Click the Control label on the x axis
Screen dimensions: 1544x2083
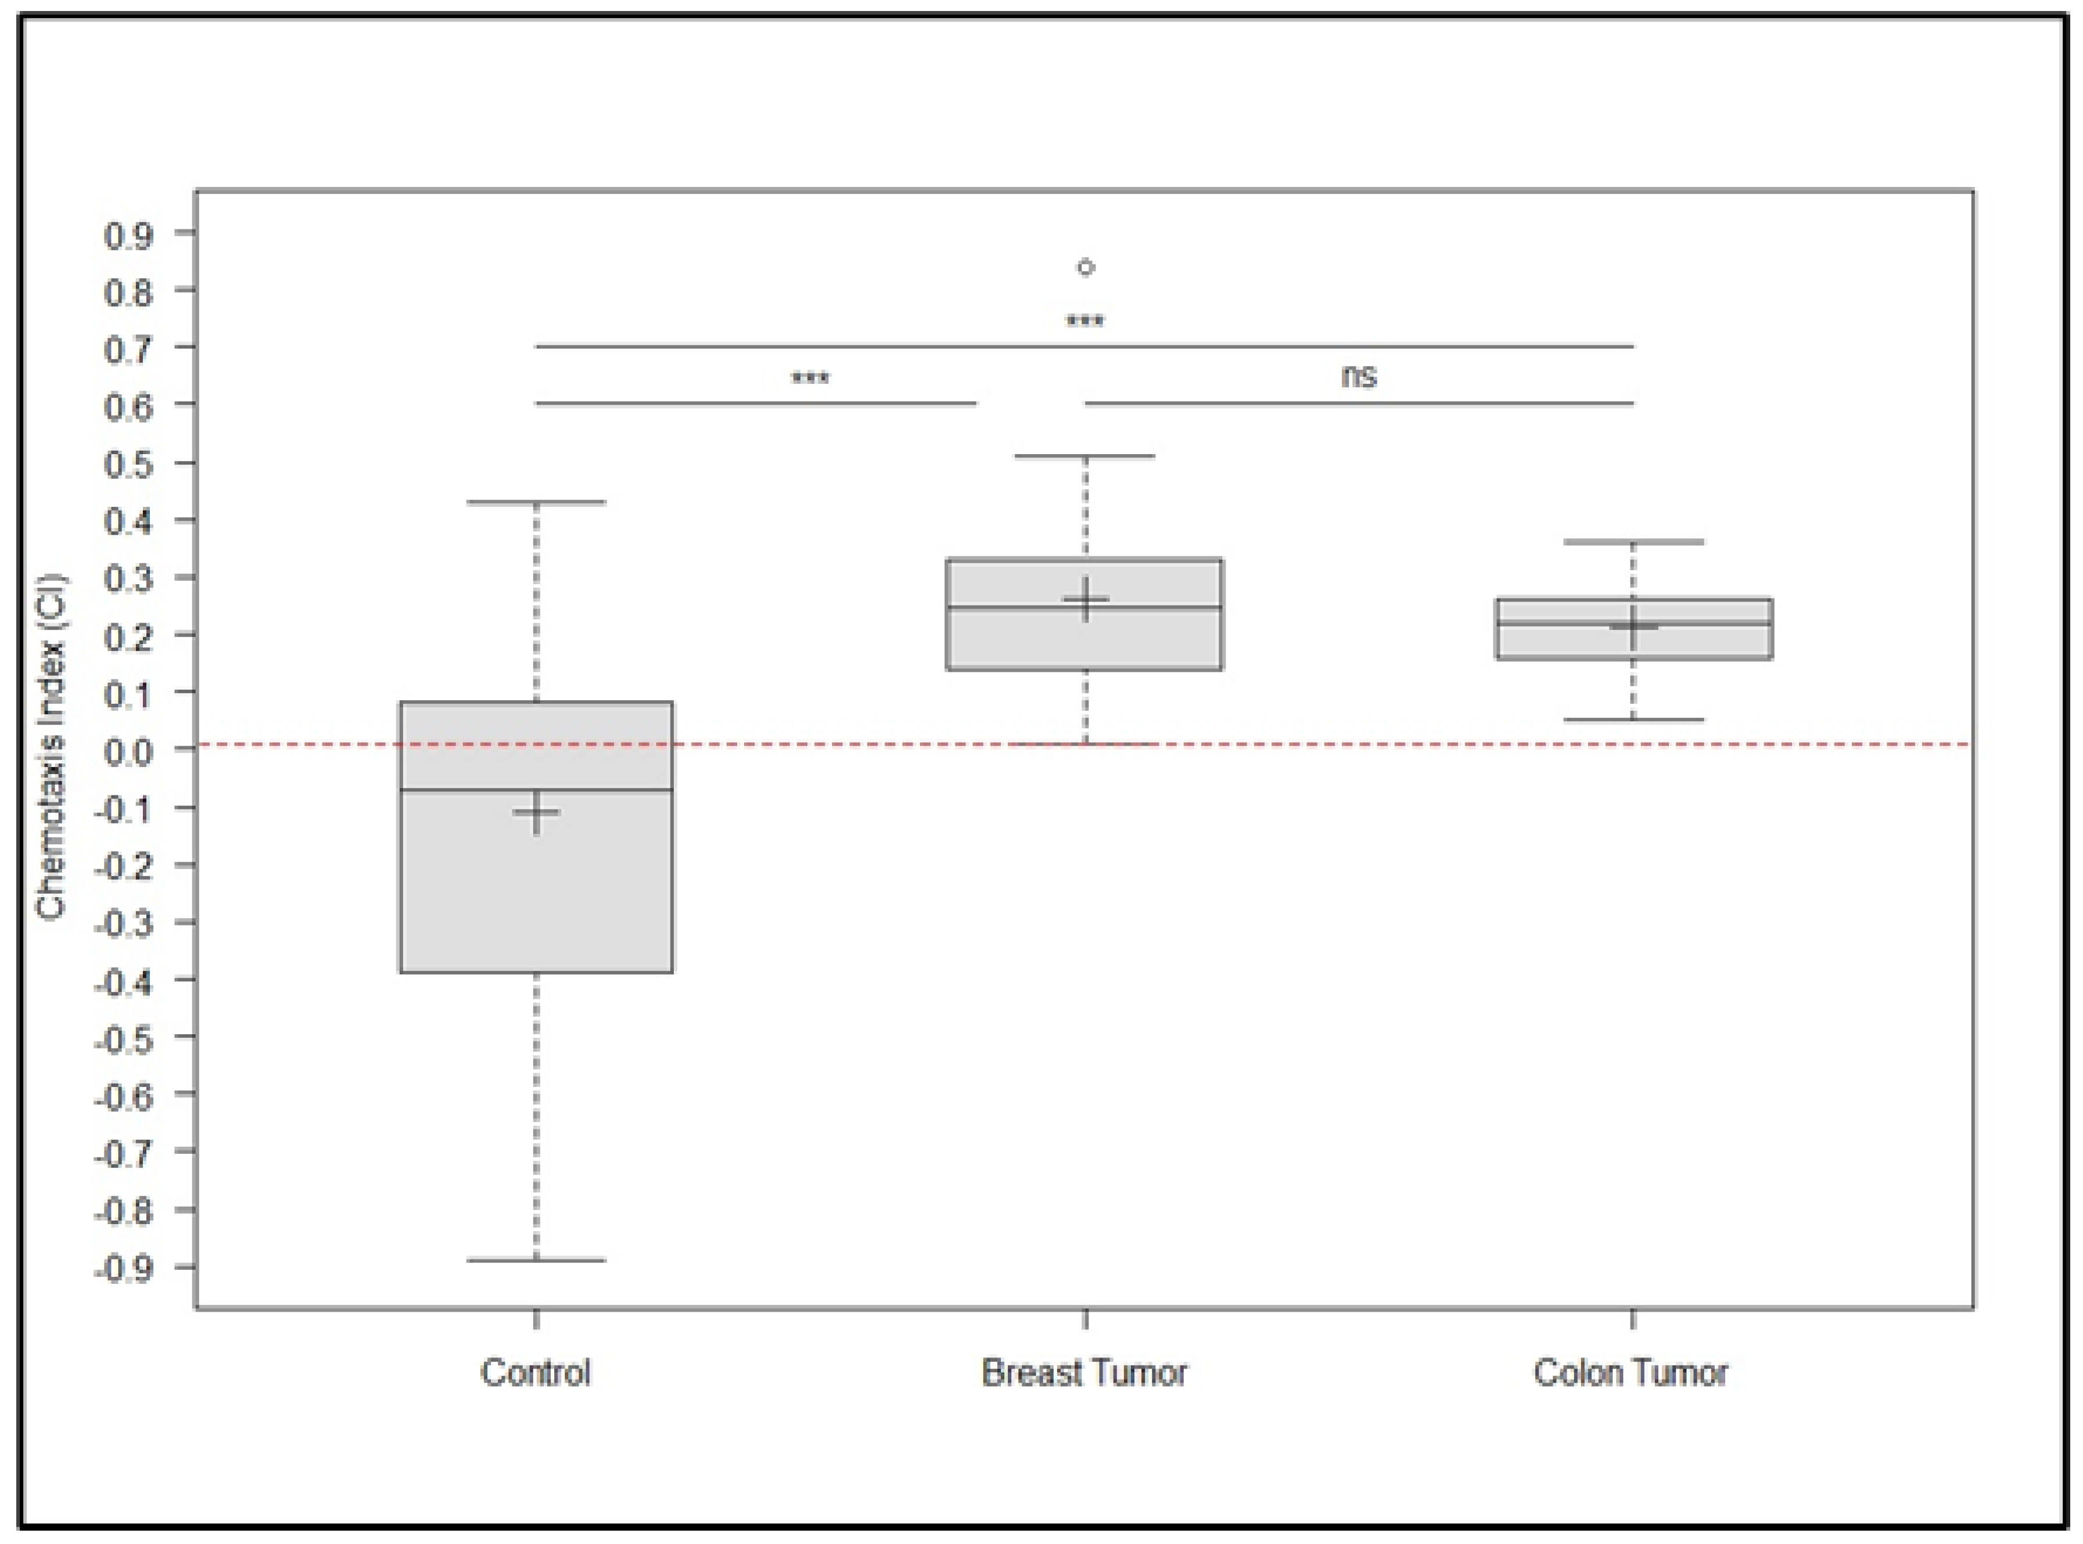[536, 1373]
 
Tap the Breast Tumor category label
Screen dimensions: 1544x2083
[1084, 1373]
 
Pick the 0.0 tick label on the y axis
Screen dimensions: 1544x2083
[128, 750]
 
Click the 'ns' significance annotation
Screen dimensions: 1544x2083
[1359, 376]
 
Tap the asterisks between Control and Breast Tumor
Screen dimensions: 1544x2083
[810, 379]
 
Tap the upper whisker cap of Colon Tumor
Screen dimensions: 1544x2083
[1633, 541]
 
